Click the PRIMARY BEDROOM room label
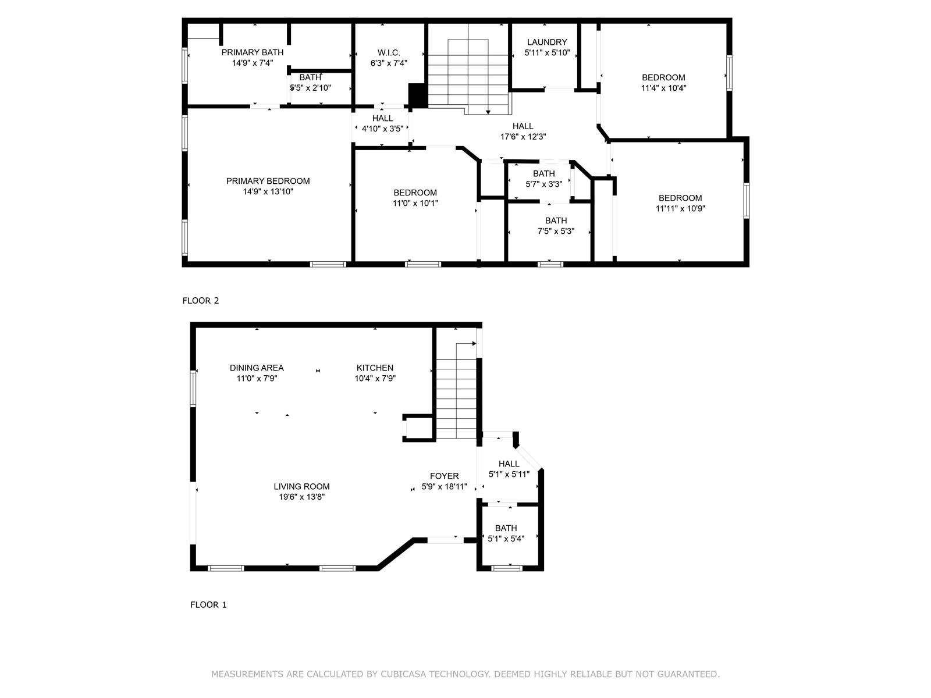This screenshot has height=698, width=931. (x=268, y=181)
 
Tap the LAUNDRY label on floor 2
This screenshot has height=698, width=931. (x=547, y=42)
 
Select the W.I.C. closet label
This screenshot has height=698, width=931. (x=389, y=52)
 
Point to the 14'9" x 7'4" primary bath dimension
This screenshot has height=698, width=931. (x=253, y=63)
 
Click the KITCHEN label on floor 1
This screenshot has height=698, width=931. (x=375, y=368)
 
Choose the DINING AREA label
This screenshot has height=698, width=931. (x=257, y=368)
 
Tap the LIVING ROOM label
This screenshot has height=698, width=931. (x=301, y=486)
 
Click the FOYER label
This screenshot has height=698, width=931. (x=444, y=476)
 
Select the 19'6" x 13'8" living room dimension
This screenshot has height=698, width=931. (x=301, y=497)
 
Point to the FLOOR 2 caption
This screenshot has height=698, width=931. (x=201, y=301)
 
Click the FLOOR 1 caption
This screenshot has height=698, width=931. (x=208, y=605)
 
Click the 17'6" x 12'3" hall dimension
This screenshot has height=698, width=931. (x=523, y=137)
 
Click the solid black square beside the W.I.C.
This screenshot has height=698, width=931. (x=417, y=95)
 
